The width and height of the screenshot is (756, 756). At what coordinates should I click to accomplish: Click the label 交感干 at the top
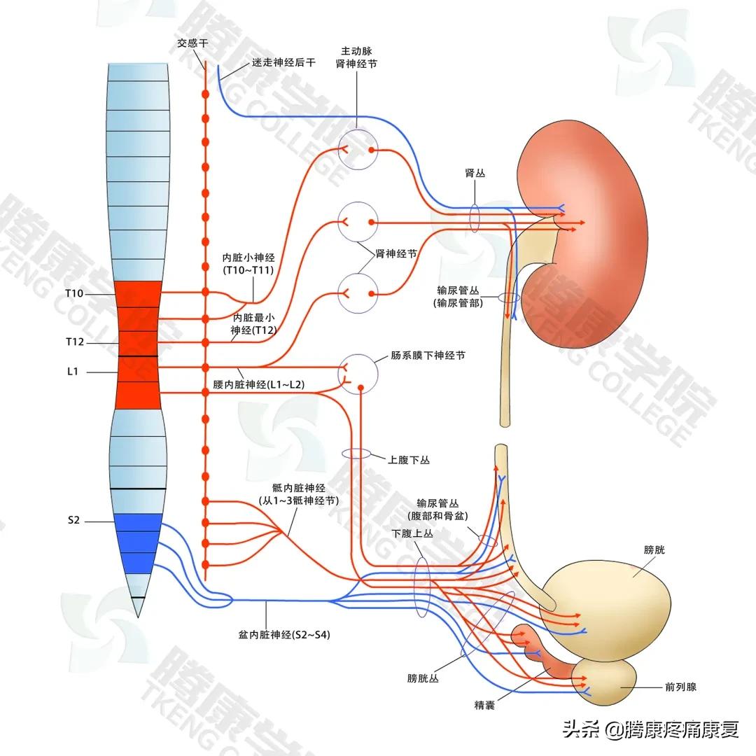tap(192, 43)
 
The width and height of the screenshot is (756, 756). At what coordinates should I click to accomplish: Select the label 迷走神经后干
tap(283, 63)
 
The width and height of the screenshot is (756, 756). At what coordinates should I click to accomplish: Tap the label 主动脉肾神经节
tap(356, 57)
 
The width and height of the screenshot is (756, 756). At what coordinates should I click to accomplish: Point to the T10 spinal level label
tap(74, 293)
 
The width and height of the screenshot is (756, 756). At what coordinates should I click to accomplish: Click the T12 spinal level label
tap(74, 342)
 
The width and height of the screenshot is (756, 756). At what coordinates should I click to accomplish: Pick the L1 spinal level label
tap(72, 372)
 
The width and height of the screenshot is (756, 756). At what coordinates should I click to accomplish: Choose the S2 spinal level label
tap(73, 520)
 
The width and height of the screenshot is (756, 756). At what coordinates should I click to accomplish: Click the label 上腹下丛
tap(409, 460)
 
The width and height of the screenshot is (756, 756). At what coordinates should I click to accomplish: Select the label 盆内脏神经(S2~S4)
tap(284, 636)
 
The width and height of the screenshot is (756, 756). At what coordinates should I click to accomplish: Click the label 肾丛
tap(475, 174)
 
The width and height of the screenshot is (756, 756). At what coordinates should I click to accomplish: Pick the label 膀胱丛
tap(423, 678)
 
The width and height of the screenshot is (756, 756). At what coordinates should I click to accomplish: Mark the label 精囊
tap(484, 706)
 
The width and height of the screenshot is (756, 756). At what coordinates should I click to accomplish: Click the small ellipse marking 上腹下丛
tap(356, 454)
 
